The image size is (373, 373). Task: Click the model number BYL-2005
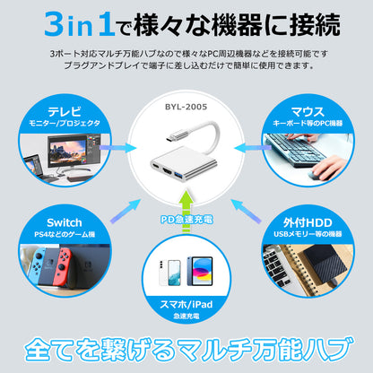tap(186, 107)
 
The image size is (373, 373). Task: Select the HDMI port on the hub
tap(166, 171)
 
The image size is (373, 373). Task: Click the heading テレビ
tap(65, 111)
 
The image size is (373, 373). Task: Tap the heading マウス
tap(308, 111)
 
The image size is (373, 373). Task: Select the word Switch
tap(65, 222)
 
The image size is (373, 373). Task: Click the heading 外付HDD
tap(308, 222)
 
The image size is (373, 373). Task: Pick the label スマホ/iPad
tap(186, 305)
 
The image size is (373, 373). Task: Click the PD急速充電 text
tap(186, 220)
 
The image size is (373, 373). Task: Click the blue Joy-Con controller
tap(37, 265)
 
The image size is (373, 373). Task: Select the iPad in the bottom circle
tap(200, 271)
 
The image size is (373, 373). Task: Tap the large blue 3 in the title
tap(54, 24)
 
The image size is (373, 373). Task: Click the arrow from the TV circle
tap(117, 148)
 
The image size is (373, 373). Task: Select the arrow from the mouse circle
tap(253, 148)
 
